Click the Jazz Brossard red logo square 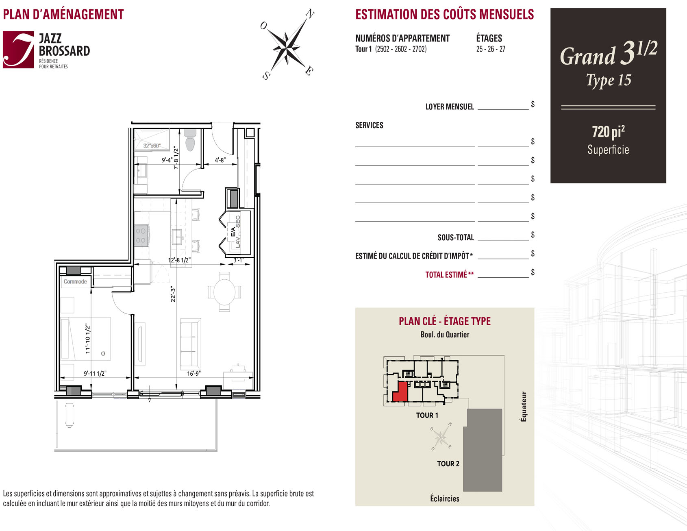(18, 50)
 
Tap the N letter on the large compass (310, 14)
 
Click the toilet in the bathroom (190, 140)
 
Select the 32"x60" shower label (152, 146)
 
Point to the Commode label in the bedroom (75, 281)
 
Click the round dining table (224, 292)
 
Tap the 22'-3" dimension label (173, 294)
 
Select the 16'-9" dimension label (194, 373)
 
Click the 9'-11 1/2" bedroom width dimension (95, 373)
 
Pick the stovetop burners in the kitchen (141, 235)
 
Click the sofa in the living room (190, 341)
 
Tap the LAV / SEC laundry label (238, 231)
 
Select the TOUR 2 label (448, 464)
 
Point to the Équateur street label (524, 407)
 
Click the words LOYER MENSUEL (450, 107)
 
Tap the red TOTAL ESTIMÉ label (450, 274)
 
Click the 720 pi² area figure (608, 132)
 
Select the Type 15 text (609, 80)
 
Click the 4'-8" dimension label (220, 160)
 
